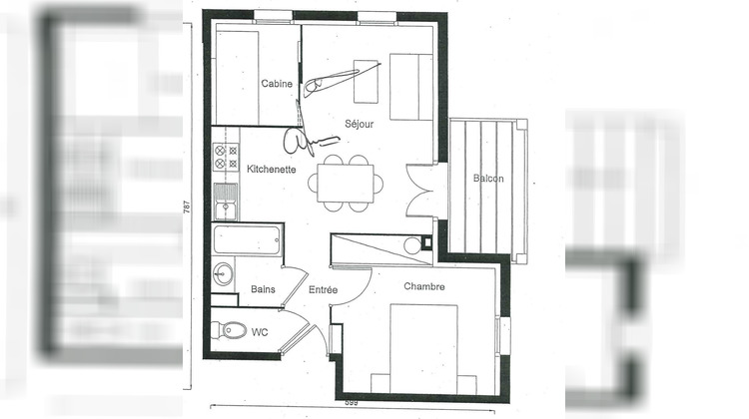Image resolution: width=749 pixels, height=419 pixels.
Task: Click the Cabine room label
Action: (x=277, y=84)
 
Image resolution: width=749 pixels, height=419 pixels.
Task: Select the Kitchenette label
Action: (x=270, y=170)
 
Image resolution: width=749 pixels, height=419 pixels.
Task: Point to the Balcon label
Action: (x=488, y=179)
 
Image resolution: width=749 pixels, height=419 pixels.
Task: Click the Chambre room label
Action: (x=423, y=286)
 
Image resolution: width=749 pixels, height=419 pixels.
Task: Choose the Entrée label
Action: (x=323, y=290)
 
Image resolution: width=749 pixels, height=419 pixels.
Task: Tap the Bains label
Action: (x=263, y=290)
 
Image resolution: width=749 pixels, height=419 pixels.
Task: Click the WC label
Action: (x=260, y=330)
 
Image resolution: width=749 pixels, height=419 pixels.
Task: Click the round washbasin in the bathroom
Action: (x=223, y=271)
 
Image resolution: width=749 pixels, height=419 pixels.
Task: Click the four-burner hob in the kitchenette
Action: (x=226, y=156)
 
